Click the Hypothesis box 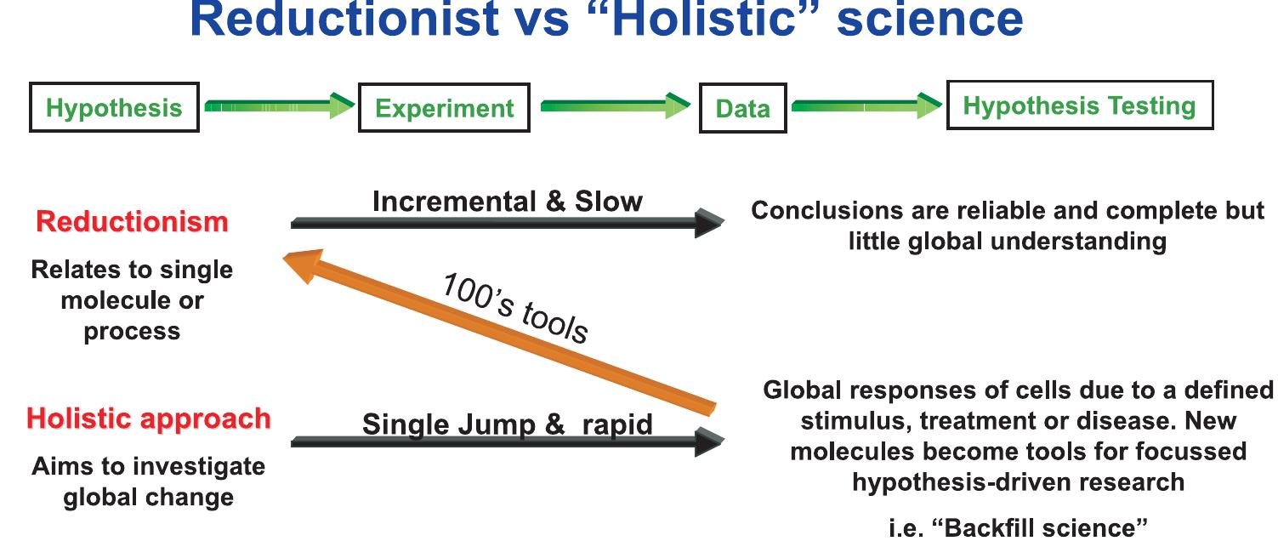click(x=114, y=107)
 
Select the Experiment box click(x=444, y=108)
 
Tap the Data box click(x=742, y=108)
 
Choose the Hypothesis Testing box click(x=1079, y=106)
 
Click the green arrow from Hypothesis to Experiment click(x=279, y=106)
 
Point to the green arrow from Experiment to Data click(x=615, y=106)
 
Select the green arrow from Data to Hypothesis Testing click(x=866, y=106)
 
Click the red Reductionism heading click(x=132, y=222)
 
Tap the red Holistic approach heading click(x=148, y=419)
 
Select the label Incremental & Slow click(x=508, y=202)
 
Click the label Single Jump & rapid click(x=508, y=424)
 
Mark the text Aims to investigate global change click(x=148, y=481)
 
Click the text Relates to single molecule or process click(x=132, y=300)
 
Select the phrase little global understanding click(x=1007, y=241)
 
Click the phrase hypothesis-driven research click(x=1018, y=481)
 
